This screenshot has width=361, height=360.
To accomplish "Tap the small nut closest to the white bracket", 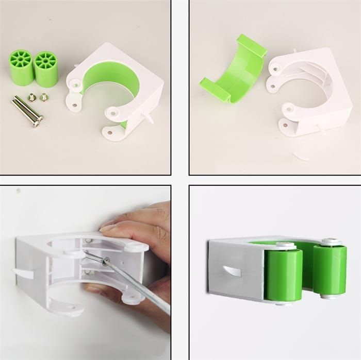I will pos(44,96).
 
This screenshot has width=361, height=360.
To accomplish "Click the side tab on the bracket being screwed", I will pos(23,273).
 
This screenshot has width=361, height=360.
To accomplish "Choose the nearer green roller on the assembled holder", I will pos(283,275).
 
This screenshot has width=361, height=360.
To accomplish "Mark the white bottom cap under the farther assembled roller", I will pos(328,296).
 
